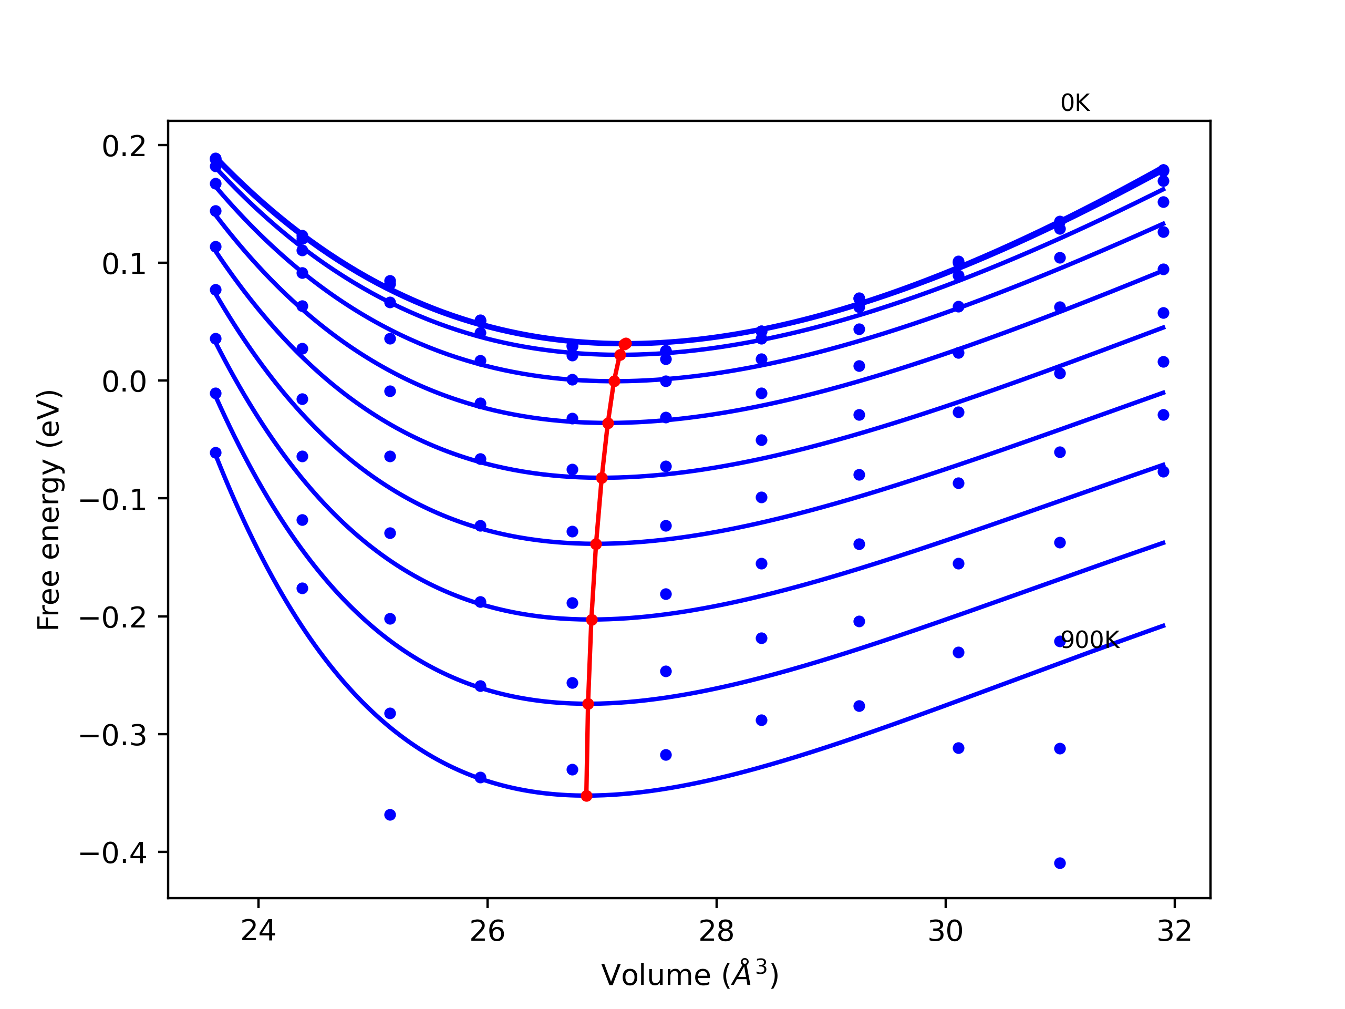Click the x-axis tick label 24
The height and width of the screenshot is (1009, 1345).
tap(258, 931)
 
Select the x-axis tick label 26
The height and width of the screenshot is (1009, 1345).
tap(487, 931)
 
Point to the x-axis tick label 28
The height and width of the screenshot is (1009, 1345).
tap(716, 931)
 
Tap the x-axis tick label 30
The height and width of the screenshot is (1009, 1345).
tap(946, 931)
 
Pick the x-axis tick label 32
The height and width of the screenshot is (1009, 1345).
tap(1174, 931)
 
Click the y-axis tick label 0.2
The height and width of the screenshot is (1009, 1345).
tap(124, 147)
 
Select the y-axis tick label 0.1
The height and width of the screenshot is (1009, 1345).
tap(124, 264)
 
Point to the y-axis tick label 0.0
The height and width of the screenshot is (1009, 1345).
tap(124, 383)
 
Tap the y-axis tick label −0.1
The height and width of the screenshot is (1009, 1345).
tap(113, 500)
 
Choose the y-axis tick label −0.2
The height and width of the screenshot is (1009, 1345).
tap(113, 619)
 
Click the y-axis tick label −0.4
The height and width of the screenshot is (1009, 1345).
tap(113, 854)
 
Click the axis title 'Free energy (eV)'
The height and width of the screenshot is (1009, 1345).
tap(49, 510)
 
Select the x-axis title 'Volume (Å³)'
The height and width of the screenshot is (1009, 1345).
tap(689, 975)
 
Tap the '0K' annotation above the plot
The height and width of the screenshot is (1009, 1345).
tap(1075, 104)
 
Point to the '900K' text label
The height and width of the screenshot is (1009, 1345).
tap(1090, 640)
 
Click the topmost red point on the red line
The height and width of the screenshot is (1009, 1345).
tap(626, 344)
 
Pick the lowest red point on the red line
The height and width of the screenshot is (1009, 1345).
tap(586, 796)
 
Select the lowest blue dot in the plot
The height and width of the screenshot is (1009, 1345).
tap(1060, 863)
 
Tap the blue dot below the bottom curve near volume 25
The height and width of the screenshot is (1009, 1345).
tap(390, 815)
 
